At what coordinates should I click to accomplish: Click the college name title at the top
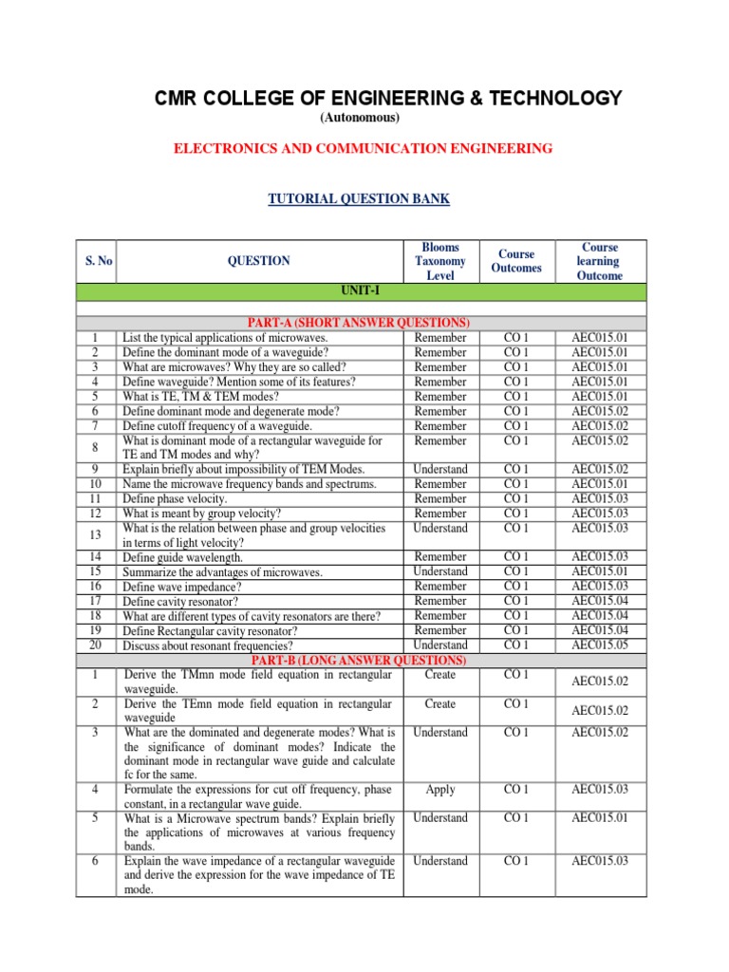click(x=388, y=98)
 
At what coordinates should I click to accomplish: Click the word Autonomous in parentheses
click(x=360, y=118)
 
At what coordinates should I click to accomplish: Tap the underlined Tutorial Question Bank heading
click(x=360, y=198)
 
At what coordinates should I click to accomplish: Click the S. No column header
click(x=95, y=260)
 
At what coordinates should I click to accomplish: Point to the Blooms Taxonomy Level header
click(x=439, y=261)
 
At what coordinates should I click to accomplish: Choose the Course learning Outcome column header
click(x=599, y=261)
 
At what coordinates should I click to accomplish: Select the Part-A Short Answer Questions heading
click(x=360, y=323)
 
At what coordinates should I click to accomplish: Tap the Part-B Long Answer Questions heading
click(x=360, y=660)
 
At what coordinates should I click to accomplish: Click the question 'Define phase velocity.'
click(x=175, y=498)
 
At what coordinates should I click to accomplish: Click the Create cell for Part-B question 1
click(x=439, y=675)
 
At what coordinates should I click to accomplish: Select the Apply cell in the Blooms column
click(x=439, y=789)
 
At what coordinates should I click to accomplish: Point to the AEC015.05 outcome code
click(x=599, y=645)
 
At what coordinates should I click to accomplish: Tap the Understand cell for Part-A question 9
click(x=439, y=469)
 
